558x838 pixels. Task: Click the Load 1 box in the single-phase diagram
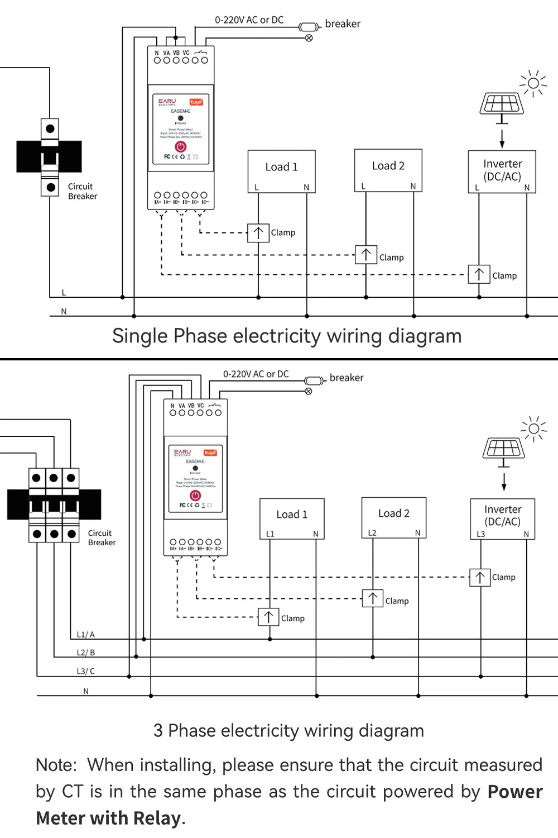click(x=281, y=171)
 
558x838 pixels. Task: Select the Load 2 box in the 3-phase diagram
click(x=393, y=517)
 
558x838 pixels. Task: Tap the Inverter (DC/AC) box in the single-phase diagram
click(x=502, y=172)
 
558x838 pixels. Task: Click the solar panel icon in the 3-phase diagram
click(x=503, y=449)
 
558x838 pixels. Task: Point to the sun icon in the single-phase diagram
click(x=533, y=84)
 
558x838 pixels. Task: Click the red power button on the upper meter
click(x=180, y=146)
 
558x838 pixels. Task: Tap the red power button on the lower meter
click(x=195, y=496)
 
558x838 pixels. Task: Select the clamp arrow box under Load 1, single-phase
click(x=258, y=232)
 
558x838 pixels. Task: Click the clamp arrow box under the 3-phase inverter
click(x=480, y=577)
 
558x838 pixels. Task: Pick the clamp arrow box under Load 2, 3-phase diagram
click(x=373, y=598)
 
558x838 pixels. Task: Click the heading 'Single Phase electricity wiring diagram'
click(x=287, y=336)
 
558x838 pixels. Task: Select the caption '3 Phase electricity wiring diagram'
click(x=288, y=731)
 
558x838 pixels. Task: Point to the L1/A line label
click(x=85, y=635)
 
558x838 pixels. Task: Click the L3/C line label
click(x=85, y=672)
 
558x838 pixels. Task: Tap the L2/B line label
click(x=85, y=653)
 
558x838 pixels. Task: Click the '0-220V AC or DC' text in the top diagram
click(x=249, y=20)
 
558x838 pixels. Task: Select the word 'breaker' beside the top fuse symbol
click(x=343, y=24)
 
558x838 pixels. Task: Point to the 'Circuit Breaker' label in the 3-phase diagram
click(x=102, y=537)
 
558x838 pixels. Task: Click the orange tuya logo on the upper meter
click(x=196, y=102)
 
